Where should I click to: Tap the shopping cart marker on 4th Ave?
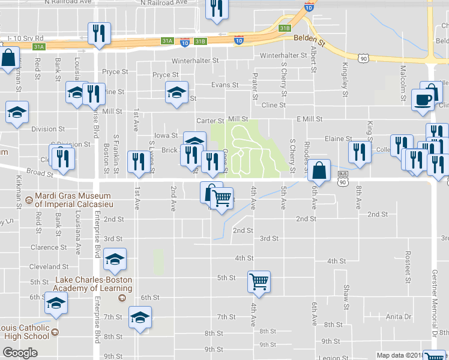click(x=259, y=281)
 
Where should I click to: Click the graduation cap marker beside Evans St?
click(x=176, y=92)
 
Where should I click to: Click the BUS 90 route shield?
click(x=342, y=181)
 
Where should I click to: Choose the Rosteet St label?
click(x=408, y=267)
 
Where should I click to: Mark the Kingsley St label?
click(x=345, y=80)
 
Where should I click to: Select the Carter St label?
click(x=211, y=120)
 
